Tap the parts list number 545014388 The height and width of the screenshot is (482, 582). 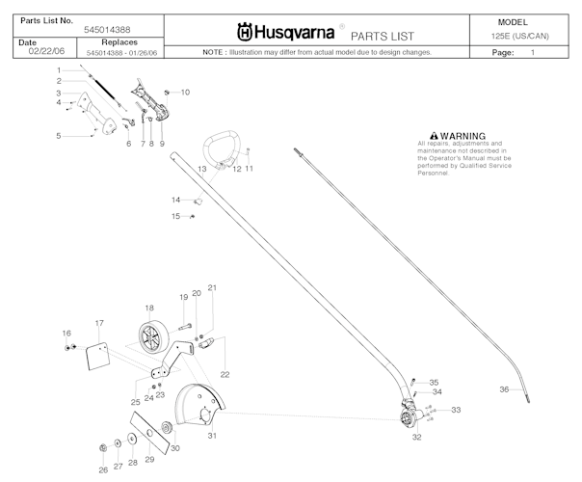pos(109,32)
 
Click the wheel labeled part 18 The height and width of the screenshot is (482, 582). pos(150,340)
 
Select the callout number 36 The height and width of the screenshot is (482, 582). pos(503,389)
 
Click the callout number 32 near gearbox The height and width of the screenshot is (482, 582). pos(416,436)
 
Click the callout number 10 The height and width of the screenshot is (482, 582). pos(185,92)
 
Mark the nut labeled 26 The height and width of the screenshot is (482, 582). pos(102,446)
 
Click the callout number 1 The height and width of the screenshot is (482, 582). pos(58,70)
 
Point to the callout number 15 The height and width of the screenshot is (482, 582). pos(175,216)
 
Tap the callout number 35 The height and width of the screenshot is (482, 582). pos(434,382)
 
